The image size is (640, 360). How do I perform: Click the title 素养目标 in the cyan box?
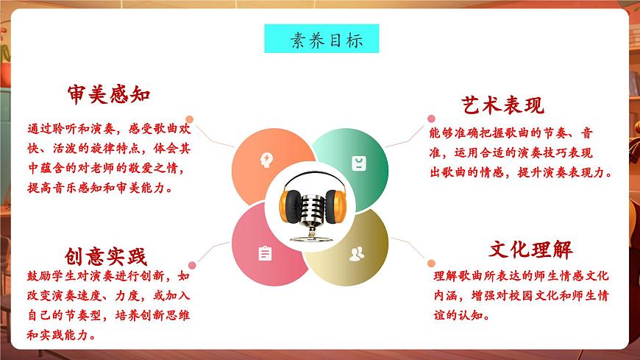[321, 38]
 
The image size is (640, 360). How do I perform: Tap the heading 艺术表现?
[503, 105]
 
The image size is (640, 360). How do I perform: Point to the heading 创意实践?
[106, 256]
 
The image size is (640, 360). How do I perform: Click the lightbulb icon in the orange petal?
[265, 160]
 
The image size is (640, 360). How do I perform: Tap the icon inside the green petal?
[358, 162]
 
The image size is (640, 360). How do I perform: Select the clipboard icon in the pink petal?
[265, 253]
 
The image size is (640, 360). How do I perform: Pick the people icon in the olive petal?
[357, 254]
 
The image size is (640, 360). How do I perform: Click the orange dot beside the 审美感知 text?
[190, 119]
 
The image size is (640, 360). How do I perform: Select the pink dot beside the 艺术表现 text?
[431, 118]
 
